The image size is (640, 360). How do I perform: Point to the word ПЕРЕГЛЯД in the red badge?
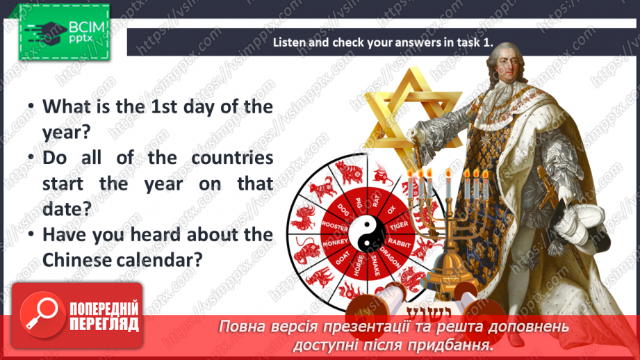104,324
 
